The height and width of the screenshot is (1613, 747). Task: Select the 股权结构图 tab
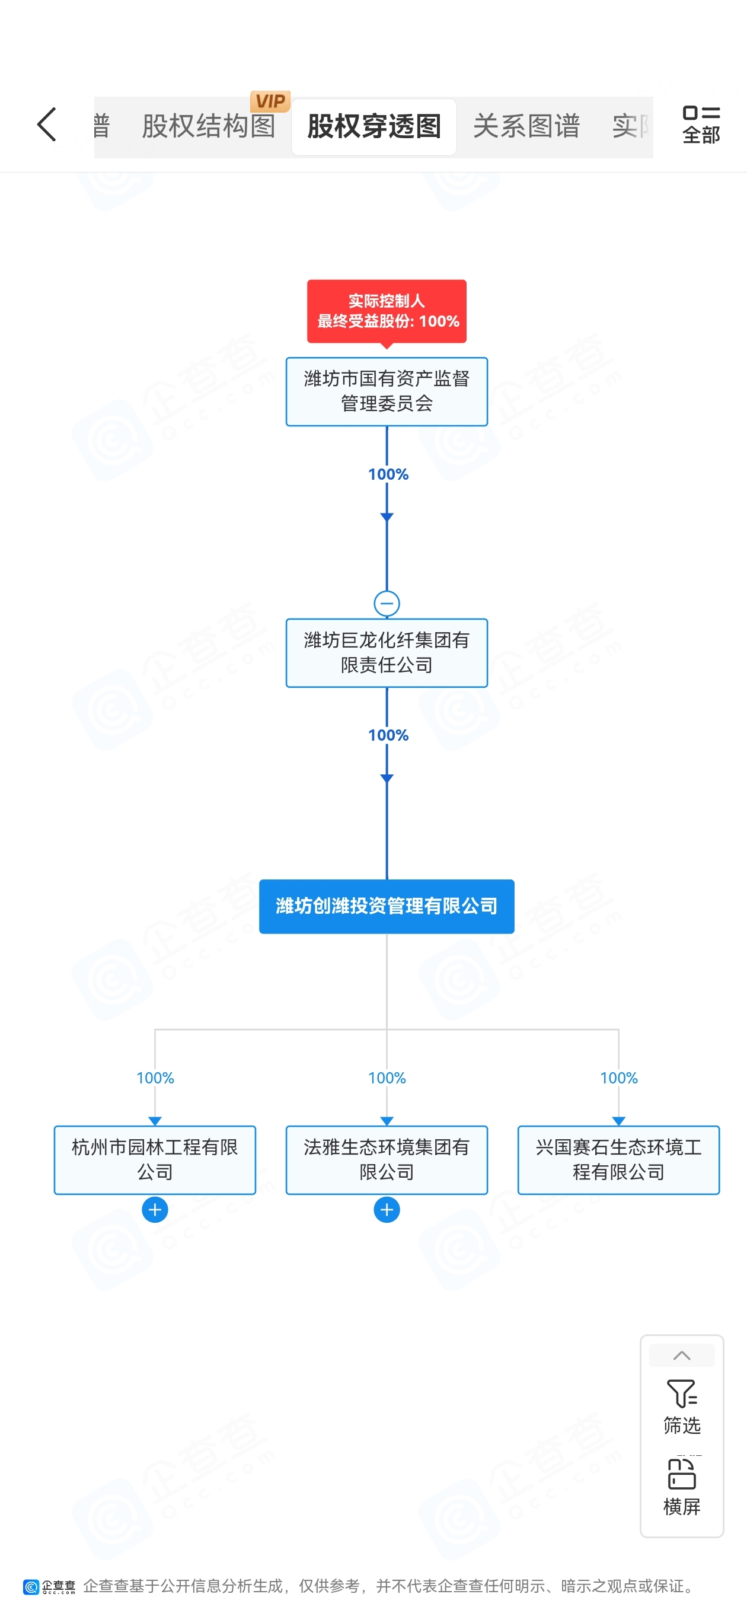pos(209,126)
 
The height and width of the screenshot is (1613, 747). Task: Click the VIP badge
pos(270,101)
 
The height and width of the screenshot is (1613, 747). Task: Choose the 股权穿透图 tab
pos(374,126)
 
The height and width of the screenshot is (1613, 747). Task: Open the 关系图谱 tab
pos(526,126)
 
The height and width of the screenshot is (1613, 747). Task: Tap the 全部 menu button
pos(701,125)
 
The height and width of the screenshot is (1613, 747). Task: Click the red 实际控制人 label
pos(387,311)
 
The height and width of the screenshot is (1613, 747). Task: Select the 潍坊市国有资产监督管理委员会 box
pos(387,391)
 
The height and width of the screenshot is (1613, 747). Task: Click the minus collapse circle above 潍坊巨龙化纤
pos(387,604)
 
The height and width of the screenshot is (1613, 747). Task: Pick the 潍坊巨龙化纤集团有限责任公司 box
pos(387,653)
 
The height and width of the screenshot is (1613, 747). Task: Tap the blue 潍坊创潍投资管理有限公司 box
pos(387,906)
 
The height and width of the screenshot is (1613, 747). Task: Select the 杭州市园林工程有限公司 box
pos(155,1160)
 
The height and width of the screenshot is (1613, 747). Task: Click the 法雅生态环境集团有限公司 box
pos(387,1160)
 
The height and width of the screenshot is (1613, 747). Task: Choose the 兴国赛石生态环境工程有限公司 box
pos(618,1160)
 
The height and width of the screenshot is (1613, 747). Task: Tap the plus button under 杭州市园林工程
pos(155,1210)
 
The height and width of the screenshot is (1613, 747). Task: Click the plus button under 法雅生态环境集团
pos(387,1210)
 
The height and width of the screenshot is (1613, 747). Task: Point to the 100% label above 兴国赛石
pos(618,1078)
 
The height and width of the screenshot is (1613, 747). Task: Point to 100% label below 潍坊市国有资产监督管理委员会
pos(388,474)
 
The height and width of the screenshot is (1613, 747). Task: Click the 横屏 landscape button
pos(681,1487)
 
